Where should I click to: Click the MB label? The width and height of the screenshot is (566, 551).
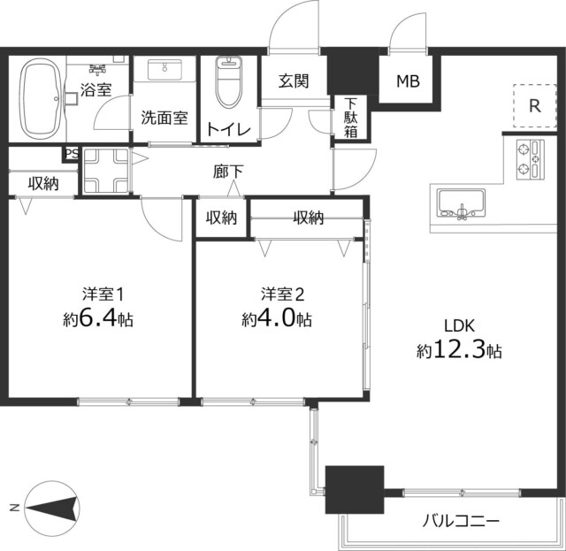click(x=407, y=82)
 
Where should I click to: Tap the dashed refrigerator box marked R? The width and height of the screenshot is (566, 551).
click(x=533, y=105)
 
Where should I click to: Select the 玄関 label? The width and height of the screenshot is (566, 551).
click(x=294, y=82)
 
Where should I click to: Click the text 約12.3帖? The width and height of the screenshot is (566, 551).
click(x=459, y=350)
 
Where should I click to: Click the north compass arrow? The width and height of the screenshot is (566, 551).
click(x=53, y=508)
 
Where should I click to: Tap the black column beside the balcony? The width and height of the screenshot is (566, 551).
click(x=354, y=489)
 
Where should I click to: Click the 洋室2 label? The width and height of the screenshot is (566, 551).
click(x=282, y=293)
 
